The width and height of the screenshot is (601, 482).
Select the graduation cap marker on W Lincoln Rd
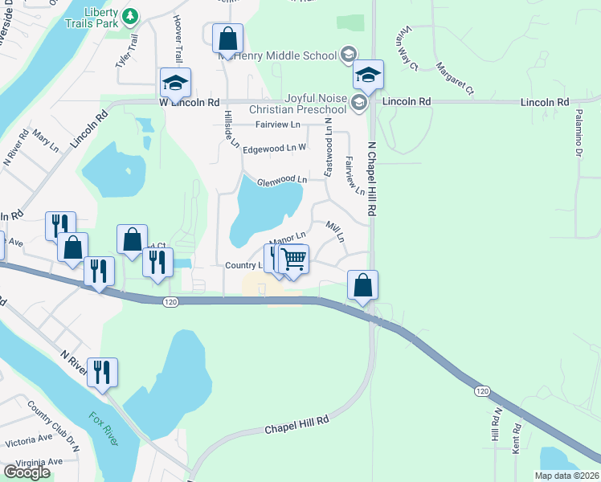coord(175,82)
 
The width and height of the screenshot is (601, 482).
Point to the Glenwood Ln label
coord(281,180)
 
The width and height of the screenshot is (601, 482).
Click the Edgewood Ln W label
coord(275,148)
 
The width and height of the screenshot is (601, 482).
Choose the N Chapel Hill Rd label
coord(371,179)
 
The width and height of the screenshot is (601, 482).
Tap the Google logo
coord(27,472)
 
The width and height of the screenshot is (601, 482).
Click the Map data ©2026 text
coord(567,476)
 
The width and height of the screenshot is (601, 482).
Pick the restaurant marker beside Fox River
coord(102,372)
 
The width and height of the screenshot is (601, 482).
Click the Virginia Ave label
coord(33,462)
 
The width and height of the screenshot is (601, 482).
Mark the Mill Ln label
coord(335,233)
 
